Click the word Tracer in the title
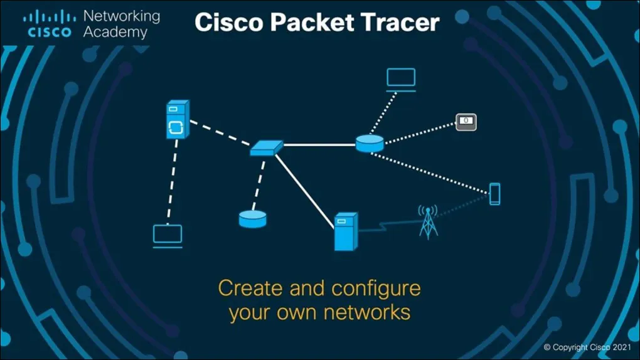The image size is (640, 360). click(x=402, y=23)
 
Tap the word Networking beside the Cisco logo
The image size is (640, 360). click(x=121, y=16)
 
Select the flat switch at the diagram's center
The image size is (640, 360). click(x=266, y=148)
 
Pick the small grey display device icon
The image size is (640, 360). click(x=466, y=122)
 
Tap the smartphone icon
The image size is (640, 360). click(x=495, y=194)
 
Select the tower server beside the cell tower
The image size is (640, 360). click(x=345, y=231)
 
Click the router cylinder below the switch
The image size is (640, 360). click(x=253, y=219)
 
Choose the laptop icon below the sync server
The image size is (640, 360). click(x=168, y=235)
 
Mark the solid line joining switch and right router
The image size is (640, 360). click(x=319, y=145)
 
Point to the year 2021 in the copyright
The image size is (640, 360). click(x=621, y=347)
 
